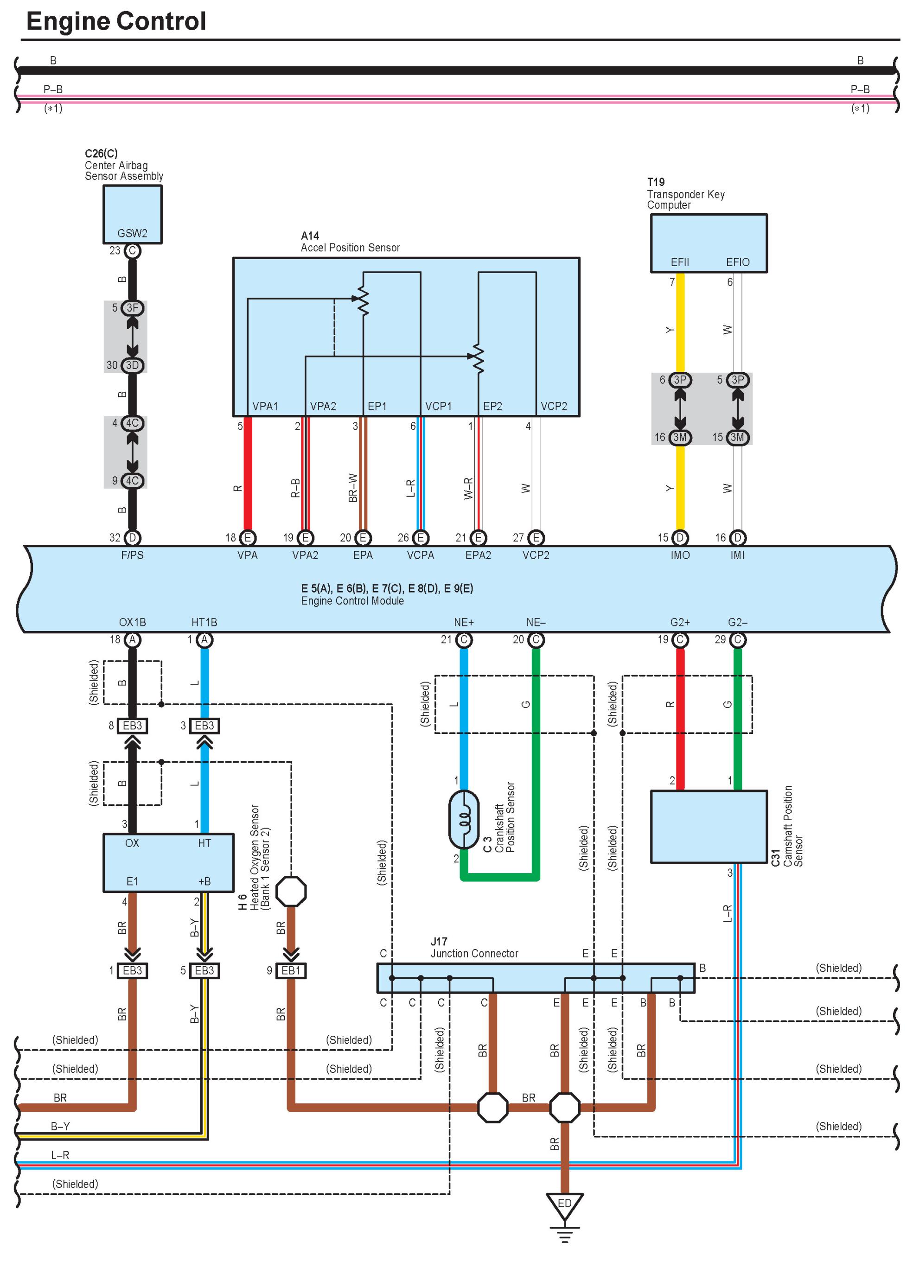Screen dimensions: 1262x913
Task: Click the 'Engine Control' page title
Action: (x=116, y=22)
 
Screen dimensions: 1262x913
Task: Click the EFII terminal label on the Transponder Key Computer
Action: (x=679, y=262)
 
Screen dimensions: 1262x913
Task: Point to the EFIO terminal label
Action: (x=737, y=262)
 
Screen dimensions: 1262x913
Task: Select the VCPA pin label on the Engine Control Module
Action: (x=420, y=555)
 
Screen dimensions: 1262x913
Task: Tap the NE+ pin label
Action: (x=463, y=622)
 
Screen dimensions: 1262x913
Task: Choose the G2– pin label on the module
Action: (x=737, y=622)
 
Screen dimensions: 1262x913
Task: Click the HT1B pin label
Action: (x=204, y=622)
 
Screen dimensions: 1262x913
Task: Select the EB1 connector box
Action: (x=291, y=970)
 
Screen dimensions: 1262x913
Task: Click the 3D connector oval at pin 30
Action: (x=132, y=365)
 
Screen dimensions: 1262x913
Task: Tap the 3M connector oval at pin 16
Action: (x=679, y=437)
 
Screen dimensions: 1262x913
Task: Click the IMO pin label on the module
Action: (x=679, y=555)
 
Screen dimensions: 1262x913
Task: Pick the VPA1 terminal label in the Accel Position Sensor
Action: (x=265, y=406)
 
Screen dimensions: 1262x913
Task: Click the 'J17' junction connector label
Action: (x=439, y=942)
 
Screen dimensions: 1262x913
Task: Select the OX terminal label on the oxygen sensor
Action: (x=132, y=843)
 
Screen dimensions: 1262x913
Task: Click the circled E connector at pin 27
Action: (x=536, y=537)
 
